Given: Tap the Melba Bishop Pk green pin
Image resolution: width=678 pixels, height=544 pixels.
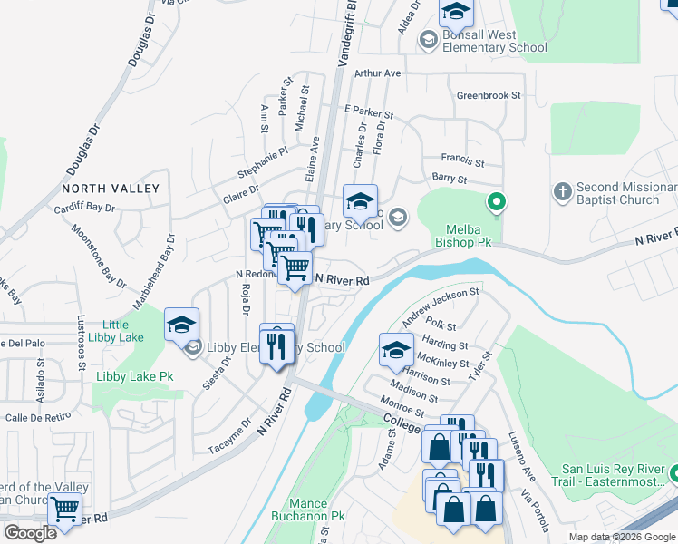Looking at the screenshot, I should [496, 202].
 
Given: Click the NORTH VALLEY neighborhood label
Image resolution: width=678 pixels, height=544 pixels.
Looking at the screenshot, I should [111, 189].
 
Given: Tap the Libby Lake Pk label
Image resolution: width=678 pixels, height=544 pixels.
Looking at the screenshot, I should [134, 375].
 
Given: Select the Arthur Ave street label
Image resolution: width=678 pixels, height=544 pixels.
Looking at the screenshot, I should [377, 73].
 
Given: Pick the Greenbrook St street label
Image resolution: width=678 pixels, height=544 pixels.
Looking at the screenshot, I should [489, 94].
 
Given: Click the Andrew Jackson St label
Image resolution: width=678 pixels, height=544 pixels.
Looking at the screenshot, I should [441, 306].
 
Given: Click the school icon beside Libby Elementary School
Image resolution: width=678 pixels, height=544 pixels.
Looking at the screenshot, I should [181, 324].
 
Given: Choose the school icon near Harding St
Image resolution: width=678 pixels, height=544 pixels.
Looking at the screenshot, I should [395, 349].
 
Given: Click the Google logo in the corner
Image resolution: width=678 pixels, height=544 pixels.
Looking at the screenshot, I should [30, 533].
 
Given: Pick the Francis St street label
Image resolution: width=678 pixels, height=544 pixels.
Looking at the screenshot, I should [462, 159].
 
